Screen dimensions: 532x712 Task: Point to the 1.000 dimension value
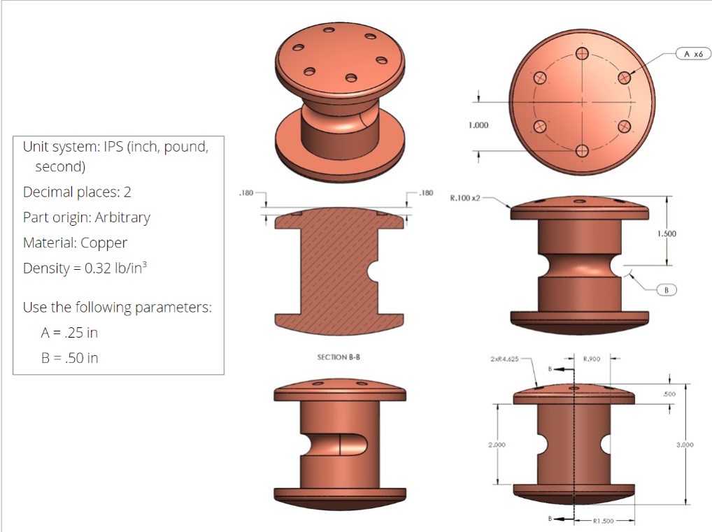pyautogui.click(x=478, y=126)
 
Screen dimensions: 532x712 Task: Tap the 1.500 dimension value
pyautogui.click(x=668, y=234)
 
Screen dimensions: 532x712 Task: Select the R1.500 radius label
pyautogui.click(x=603, y=521)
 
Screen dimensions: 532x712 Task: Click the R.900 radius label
pyautogui.click(x=592, y=359)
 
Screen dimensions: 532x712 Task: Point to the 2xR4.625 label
pyautogui.click(x=504, y=359)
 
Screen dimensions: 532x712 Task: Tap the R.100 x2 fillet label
pyautogui.click(x=465, y=199)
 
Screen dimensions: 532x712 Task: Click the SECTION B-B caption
pyautogui.click(x=339, y=357)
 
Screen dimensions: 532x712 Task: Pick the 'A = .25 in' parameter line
pyautogui.click(x=69, y=333)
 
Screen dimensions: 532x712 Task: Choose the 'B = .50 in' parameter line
pyautogui.click(x=69, y=358)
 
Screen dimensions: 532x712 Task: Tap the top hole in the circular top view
pyautogui.click(x=581, y=54)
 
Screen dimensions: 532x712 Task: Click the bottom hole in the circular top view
pyautogui.click(x=581, y=150)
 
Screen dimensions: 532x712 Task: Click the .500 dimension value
pyautogui.click(x=669, y=394)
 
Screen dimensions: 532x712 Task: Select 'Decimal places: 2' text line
pyautogui.click(x=77, y=192)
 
